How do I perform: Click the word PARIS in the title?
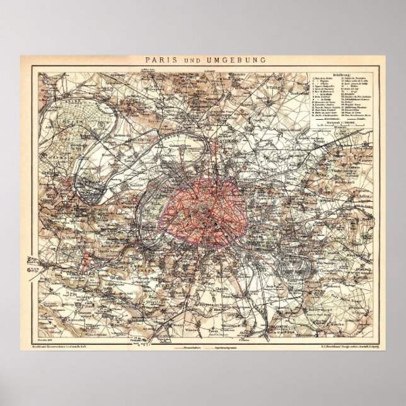[159, 61]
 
